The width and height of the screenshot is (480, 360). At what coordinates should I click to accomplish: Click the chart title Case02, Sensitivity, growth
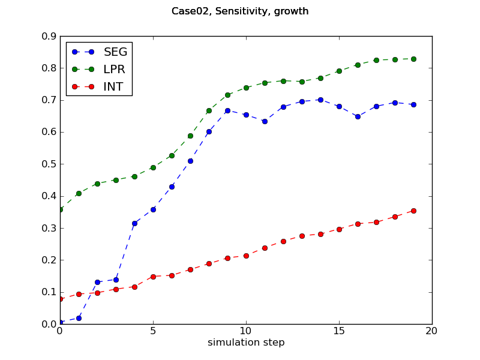[x=240, y=11]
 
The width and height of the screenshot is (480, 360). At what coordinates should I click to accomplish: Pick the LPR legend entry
[x=114, y=69]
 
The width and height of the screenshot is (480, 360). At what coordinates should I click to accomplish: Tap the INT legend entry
[x=113, y=86]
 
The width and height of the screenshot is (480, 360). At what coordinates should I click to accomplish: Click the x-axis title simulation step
[x=246, y=343]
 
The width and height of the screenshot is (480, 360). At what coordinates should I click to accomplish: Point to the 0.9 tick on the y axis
[x=48, y=36]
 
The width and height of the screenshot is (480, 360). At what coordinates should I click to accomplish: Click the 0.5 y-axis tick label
[x=48, y=164]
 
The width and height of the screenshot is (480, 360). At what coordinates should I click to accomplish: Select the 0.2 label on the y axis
[x=48, y=260]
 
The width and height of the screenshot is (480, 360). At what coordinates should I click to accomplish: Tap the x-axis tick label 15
[x=339, y=331]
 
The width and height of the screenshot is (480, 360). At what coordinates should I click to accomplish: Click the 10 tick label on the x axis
[x=246, y=331]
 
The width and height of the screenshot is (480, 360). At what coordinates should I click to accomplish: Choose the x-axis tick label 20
[x=432, y=331]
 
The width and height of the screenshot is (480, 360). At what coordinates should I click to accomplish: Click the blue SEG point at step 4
[x=134, y=223]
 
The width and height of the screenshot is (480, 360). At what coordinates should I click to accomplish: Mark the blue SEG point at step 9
[x=227, y=110]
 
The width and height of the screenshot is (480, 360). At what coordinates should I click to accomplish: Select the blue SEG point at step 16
[x=358, y=116]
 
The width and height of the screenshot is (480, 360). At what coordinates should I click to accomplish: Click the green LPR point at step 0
[x=60, y=209]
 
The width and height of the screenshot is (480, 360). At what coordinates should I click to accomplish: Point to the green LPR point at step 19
[x=413, y=59]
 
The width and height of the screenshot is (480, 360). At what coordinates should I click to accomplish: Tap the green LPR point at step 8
[x=209, y=110]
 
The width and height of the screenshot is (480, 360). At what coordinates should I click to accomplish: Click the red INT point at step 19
[x=413, y=211]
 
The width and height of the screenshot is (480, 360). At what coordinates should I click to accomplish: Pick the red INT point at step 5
[x=153, y=277]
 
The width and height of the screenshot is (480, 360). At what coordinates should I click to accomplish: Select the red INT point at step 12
[x=283, y=241]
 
